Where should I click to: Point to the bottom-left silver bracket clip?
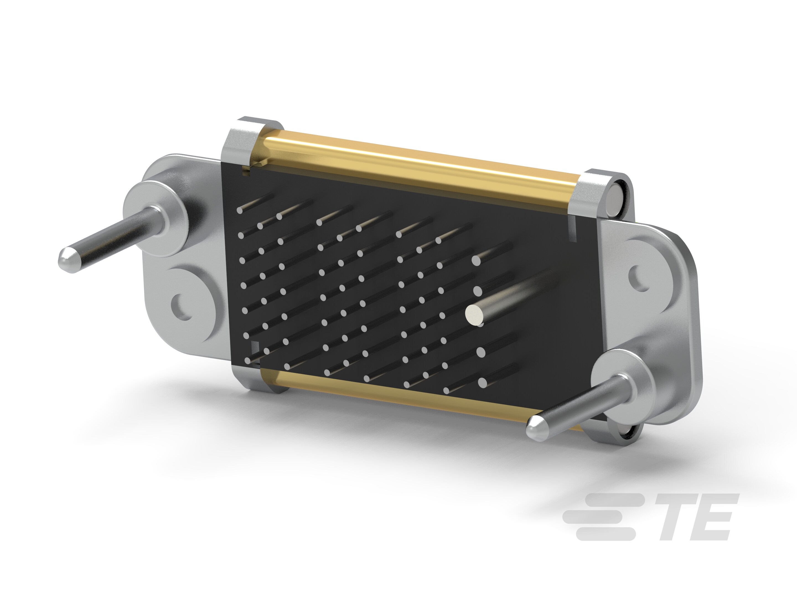coord(249,378)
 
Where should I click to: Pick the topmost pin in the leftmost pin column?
coord(240,210)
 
